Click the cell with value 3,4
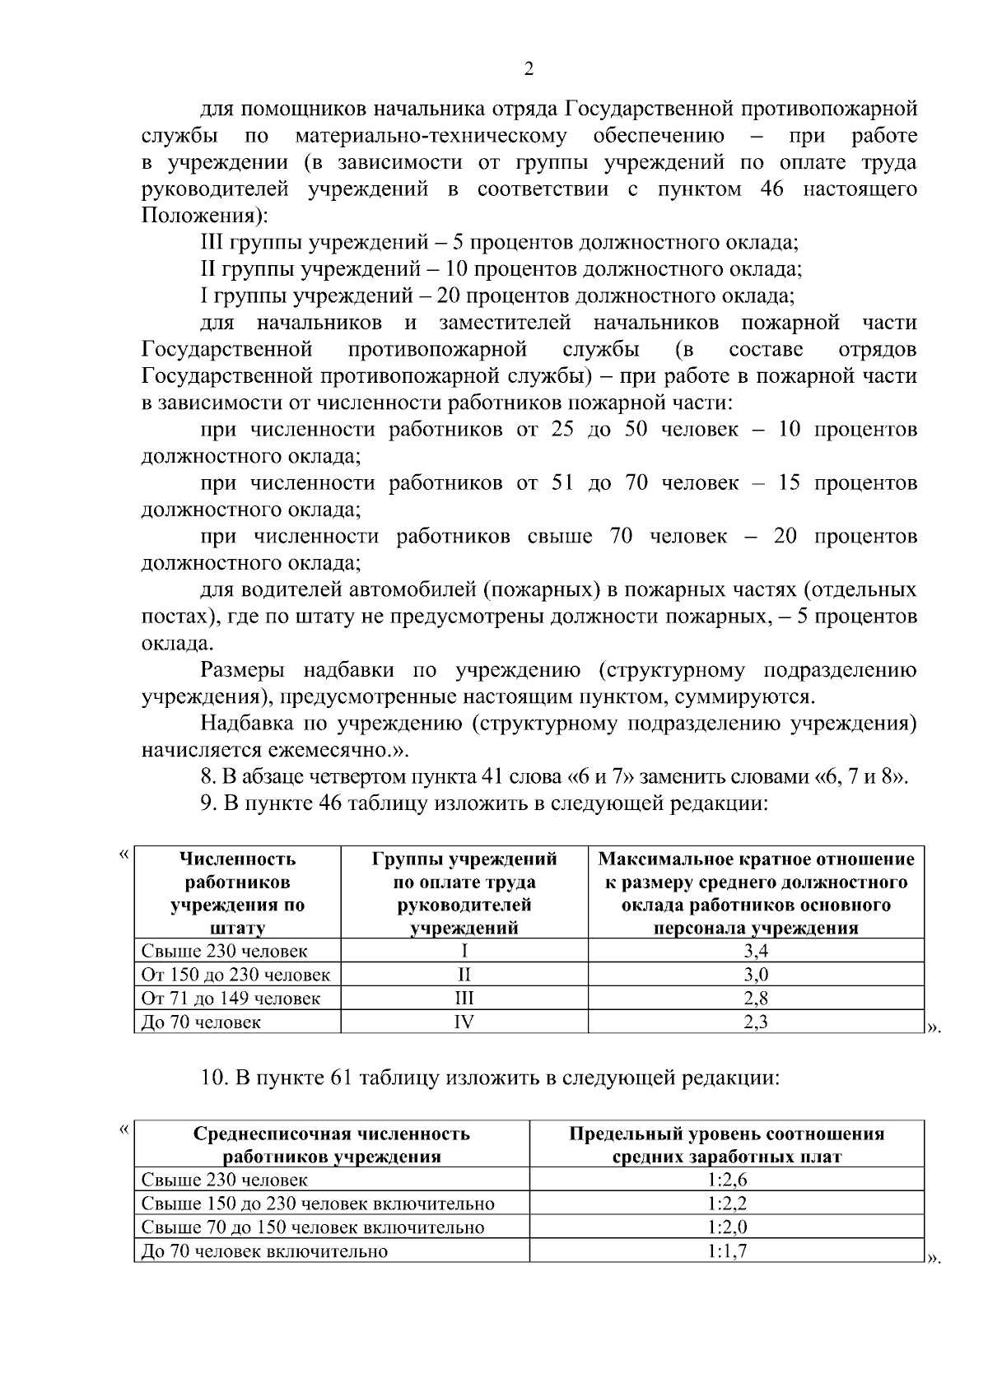tap(755, 951)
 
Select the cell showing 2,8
tap(755, 998)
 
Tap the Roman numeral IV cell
tap(464, 1022)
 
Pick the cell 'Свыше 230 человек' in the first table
tap(224, 951)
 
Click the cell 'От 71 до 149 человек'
tap(231, 998)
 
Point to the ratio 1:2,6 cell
tap(726, 1180)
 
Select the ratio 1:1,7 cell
tap(726, 1250)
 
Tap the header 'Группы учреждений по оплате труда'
tap(464, 893)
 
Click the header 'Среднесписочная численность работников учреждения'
tap(331, 1144)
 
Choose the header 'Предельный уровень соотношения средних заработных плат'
tap(726, 1144)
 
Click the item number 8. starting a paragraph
tap(208, 776)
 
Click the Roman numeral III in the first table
tap(464, 998)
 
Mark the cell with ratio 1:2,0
tap(726, 1227)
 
